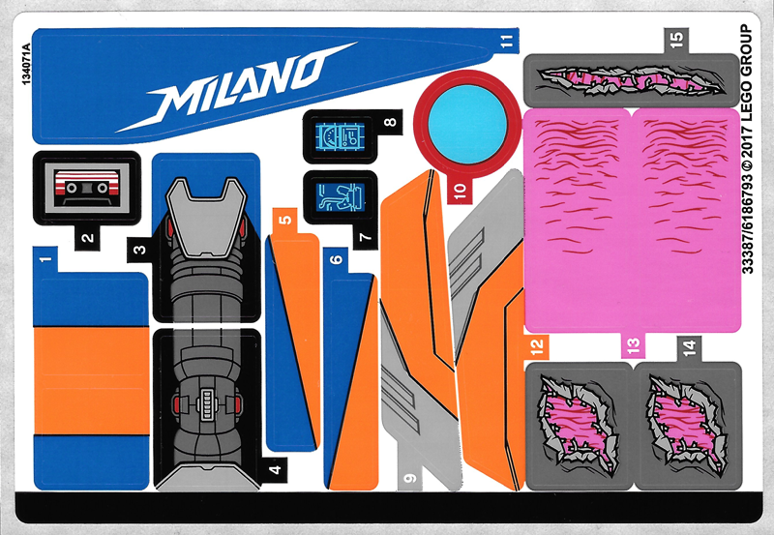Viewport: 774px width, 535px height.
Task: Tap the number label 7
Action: click(365, 236)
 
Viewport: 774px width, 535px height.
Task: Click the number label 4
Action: click(276, 471)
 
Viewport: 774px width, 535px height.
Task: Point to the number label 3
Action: click(139, 251)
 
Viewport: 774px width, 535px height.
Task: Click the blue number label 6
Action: click(335, 259)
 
